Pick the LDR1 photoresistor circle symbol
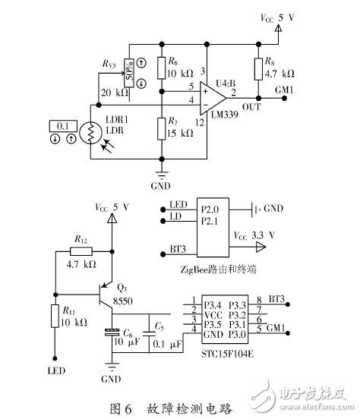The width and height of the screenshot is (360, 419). click(x=90, y=134)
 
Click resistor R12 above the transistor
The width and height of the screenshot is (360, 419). click(x=82, y=253)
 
